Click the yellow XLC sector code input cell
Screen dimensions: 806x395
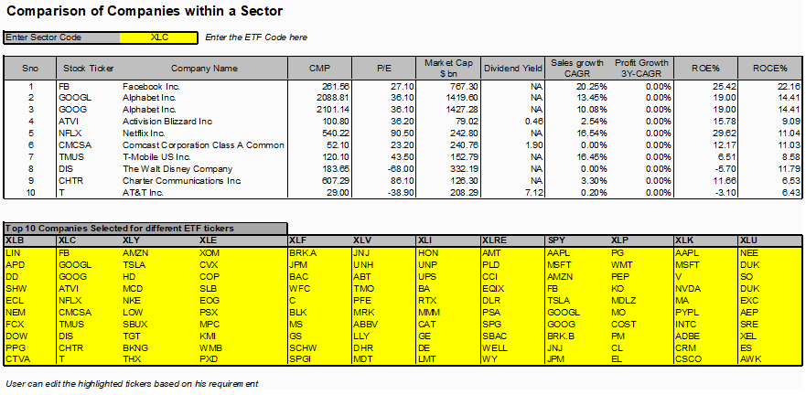[159, 37]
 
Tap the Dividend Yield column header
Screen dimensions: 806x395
[512, 68]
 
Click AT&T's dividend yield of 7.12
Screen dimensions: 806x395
[534, 193]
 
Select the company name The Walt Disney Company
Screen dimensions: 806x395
[177, 169]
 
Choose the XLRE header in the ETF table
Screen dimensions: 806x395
[493, 240]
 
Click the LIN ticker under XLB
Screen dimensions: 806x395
[11, 252]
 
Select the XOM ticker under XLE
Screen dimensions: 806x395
[209, 252]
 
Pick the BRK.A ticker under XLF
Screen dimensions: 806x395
[302, 252]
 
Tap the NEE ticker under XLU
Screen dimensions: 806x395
[748, 252]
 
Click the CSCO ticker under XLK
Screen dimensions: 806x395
[687, 359]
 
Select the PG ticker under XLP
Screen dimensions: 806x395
[618, 252]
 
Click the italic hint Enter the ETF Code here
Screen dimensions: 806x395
[256, 37]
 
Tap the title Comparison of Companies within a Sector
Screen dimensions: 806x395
[144, 11]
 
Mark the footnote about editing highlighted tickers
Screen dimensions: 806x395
[132, 384]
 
